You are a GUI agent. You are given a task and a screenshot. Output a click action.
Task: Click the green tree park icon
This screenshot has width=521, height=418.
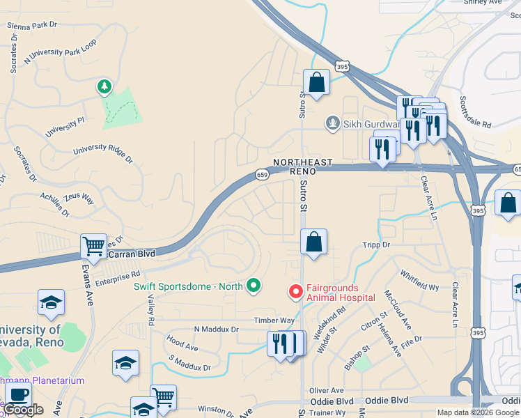click(104, 87)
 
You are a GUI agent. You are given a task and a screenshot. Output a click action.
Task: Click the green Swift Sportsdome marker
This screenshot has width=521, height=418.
click(254, 285)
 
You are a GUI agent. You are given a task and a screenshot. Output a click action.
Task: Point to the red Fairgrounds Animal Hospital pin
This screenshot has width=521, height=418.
click(295, 291)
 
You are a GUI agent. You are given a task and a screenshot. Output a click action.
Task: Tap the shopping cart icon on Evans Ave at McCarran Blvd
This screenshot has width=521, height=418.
click(93, 246)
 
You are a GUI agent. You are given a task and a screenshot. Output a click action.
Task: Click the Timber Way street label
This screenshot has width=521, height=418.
click(274, 320)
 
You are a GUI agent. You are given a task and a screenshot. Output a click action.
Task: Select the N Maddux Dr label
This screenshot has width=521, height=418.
click(216, 329)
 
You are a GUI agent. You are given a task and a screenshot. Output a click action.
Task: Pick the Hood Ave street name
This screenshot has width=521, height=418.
click(182, 343)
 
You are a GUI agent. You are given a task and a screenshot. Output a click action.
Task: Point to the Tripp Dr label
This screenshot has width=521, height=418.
click(376, 245)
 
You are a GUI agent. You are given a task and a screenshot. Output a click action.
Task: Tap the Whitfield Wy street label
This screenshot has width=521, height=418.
click(419, 282)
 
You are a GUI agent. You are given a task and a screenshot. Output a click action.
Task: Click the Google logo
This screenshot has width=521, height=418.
click(24, 410)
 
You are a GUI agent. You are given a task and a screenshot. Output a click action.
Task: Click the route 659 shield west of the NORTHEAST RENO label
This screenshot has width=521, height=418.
click(262, 174)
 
